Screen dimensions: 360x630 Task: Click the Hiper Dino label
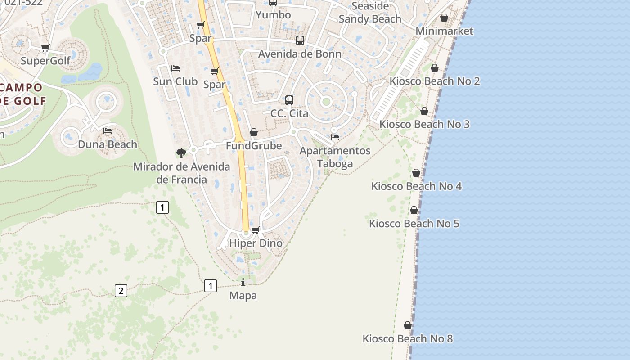pos(256,243)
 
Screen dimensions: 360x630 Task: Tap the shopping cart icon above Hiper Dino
pos(256,230)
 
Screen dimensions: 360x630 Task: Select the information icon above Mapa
pos(243,282)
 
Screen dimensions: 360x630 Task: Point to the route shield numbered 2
pos(121,291)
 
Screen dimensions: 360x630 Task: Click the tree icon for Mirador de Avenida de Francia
pos(181,153)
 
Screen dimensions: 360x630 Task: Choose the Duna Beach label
pos(108,144)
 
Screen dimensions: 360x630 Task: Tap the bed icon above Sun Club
pos(175,68)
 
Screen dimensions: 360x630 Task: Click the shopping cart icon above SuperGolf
pos(45,48)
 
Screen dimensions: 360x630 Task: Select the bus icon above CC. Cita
pos(289,100)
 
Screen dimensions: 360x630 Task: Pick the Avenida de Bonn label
pos(300,54)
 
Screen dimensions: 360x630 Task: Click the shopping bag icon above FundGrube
pos(254,132)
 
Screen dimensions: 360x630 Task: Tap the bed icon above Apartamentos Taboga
pos(335,137)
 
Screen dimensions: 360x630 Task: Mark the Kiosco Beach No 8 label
pos(408,339)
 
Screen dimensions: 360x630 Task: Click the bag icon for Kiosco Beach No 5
pos(414,210)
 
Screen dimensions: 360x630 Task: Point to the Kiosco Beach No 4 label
pos(416,186)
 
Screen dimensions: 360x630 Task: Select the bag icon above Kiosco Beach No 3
pos(424,111)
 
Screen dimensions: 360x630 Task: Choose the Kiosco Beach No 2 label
pos(434,81)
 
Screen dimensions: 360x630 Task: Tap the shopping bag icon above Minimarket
pos(444,18)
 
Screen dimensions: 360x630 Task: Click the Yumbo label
pos(273,15)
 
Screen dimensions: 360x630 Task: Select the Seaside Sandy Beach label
pos(370,13)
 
